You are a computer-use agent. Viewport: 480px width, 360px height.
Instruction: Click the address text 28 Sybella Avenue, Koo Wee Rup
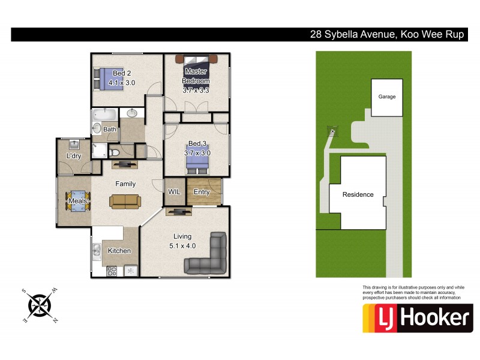pos(387,34)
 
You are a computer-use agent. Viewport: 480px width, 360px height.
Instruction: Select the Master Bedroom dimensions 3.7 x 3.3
pos(196,90)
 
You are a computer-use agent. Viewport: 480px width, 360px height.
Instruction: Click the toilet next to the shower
pos(113,152)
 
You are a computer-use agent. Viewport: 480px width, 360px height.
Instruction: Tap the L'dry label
pos(74,156)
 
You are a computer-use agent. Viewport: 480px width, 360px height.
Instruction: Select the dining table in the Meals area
pos(78,200)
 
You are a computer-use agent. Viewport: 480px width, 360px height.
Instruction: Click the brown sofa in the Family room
pos(125,201)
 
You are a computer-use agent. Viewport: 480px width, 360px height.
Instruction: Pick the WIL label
pos(174,192)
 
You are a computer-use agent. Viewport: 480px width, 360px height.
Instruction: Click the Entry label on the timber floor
pos(202,192)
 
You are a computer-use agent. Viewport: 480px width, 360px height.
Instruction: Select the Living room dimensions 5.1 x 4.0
pos(182,245)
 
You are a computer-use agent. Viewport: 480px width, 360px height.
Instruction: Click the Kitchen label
pos(119,251)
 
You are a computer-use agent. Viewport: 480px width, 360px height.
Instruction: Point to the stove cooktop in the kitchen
pos(112,271)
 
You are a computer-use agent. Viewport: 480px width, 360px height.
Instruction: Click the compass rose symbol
pos(41,304)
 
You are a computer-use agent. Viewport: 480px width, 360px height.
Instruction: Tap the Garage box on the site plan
pos(387,97)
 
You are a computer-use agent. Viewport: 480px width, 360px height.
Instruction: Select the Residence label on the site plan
pos(358,194)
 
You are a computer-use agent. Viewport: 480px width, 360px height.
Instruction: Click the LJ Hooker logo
pos(418,318)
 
